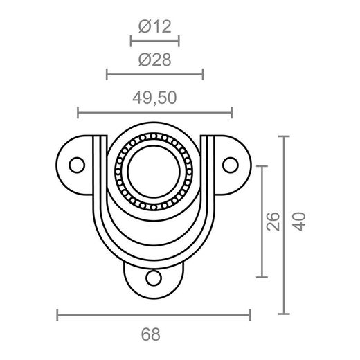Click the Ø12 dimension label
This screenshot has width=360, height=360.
[x=154, y=26]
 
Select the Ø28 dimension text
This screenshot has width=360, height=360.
[x=154, y=60]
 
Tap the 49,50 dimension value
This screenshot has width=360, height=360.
[x=154, y=98]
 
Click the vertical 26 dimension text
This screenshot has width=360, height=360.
[x=273, y=222]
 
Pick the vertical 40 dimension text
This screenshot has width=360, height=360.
[x=300, y=222]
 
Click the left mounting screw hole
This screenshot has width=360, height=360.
[x=77, y=165]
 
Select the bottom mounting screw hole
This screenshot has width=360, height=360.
[x=154, y=278]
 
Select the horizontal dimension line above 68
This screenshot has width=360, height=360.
[x=153, y=316]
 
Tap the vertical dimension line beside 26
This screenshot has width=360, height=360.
[x=261, y=222]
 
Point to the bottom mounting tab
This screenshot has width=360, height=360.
[x=154, y=282]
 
